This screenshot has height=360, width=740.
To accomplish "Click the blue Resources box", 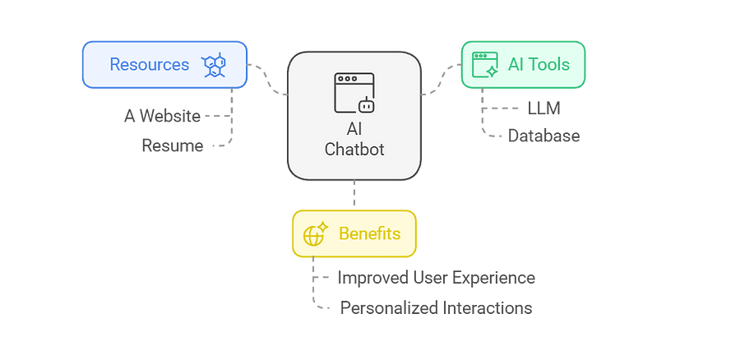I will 164,64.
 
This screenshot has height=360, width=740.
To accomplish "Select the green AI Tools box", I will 522,64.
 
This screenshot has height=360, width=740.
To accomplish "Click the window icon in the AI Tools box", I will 485,64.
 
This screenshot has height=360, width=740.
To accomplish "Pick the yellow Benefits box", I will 354,233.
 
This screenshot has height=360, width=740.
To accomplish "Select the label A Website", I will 162,116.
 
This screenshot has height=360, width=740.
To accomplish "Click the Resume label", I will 172,145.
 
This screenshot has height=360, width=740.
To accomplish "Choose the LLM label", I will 544,108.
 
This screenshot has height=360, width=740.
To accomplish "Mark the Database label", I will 543,136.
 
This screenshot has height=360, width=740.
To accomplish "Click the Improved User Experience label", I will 436,278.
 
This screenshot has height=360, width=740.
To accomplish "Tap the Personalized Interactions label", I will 436,308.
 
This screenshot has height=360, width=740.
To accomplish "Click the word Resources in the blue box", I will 149,64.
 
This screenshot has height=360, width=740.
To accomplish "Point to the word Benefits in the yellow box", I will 369,233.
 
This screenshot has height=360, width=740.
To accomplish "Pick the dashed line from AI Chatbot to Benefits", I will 354,195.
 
